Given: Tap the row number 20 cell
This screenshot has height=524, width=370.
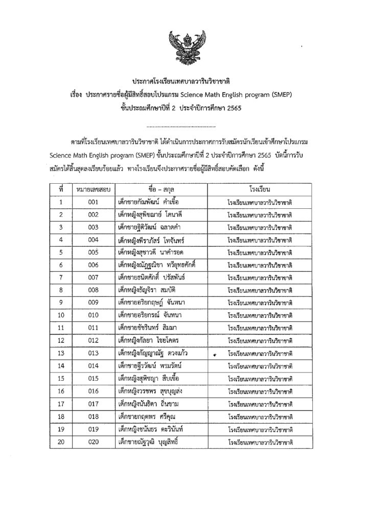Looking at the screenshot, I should click(x=61, y=441).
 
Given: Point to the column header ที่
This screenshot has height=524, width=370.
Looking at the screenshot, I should click(x=61, y=189).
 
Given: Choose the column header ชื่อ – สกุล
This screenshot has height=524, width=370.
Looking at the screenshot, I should click(x=160, y=189).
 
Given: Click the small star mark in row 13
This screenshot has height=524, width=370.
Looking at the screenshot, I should click(x=215, y=354).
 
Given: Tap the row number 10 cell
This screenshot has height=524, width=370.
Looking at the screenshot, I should click(x=61, y=315).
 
